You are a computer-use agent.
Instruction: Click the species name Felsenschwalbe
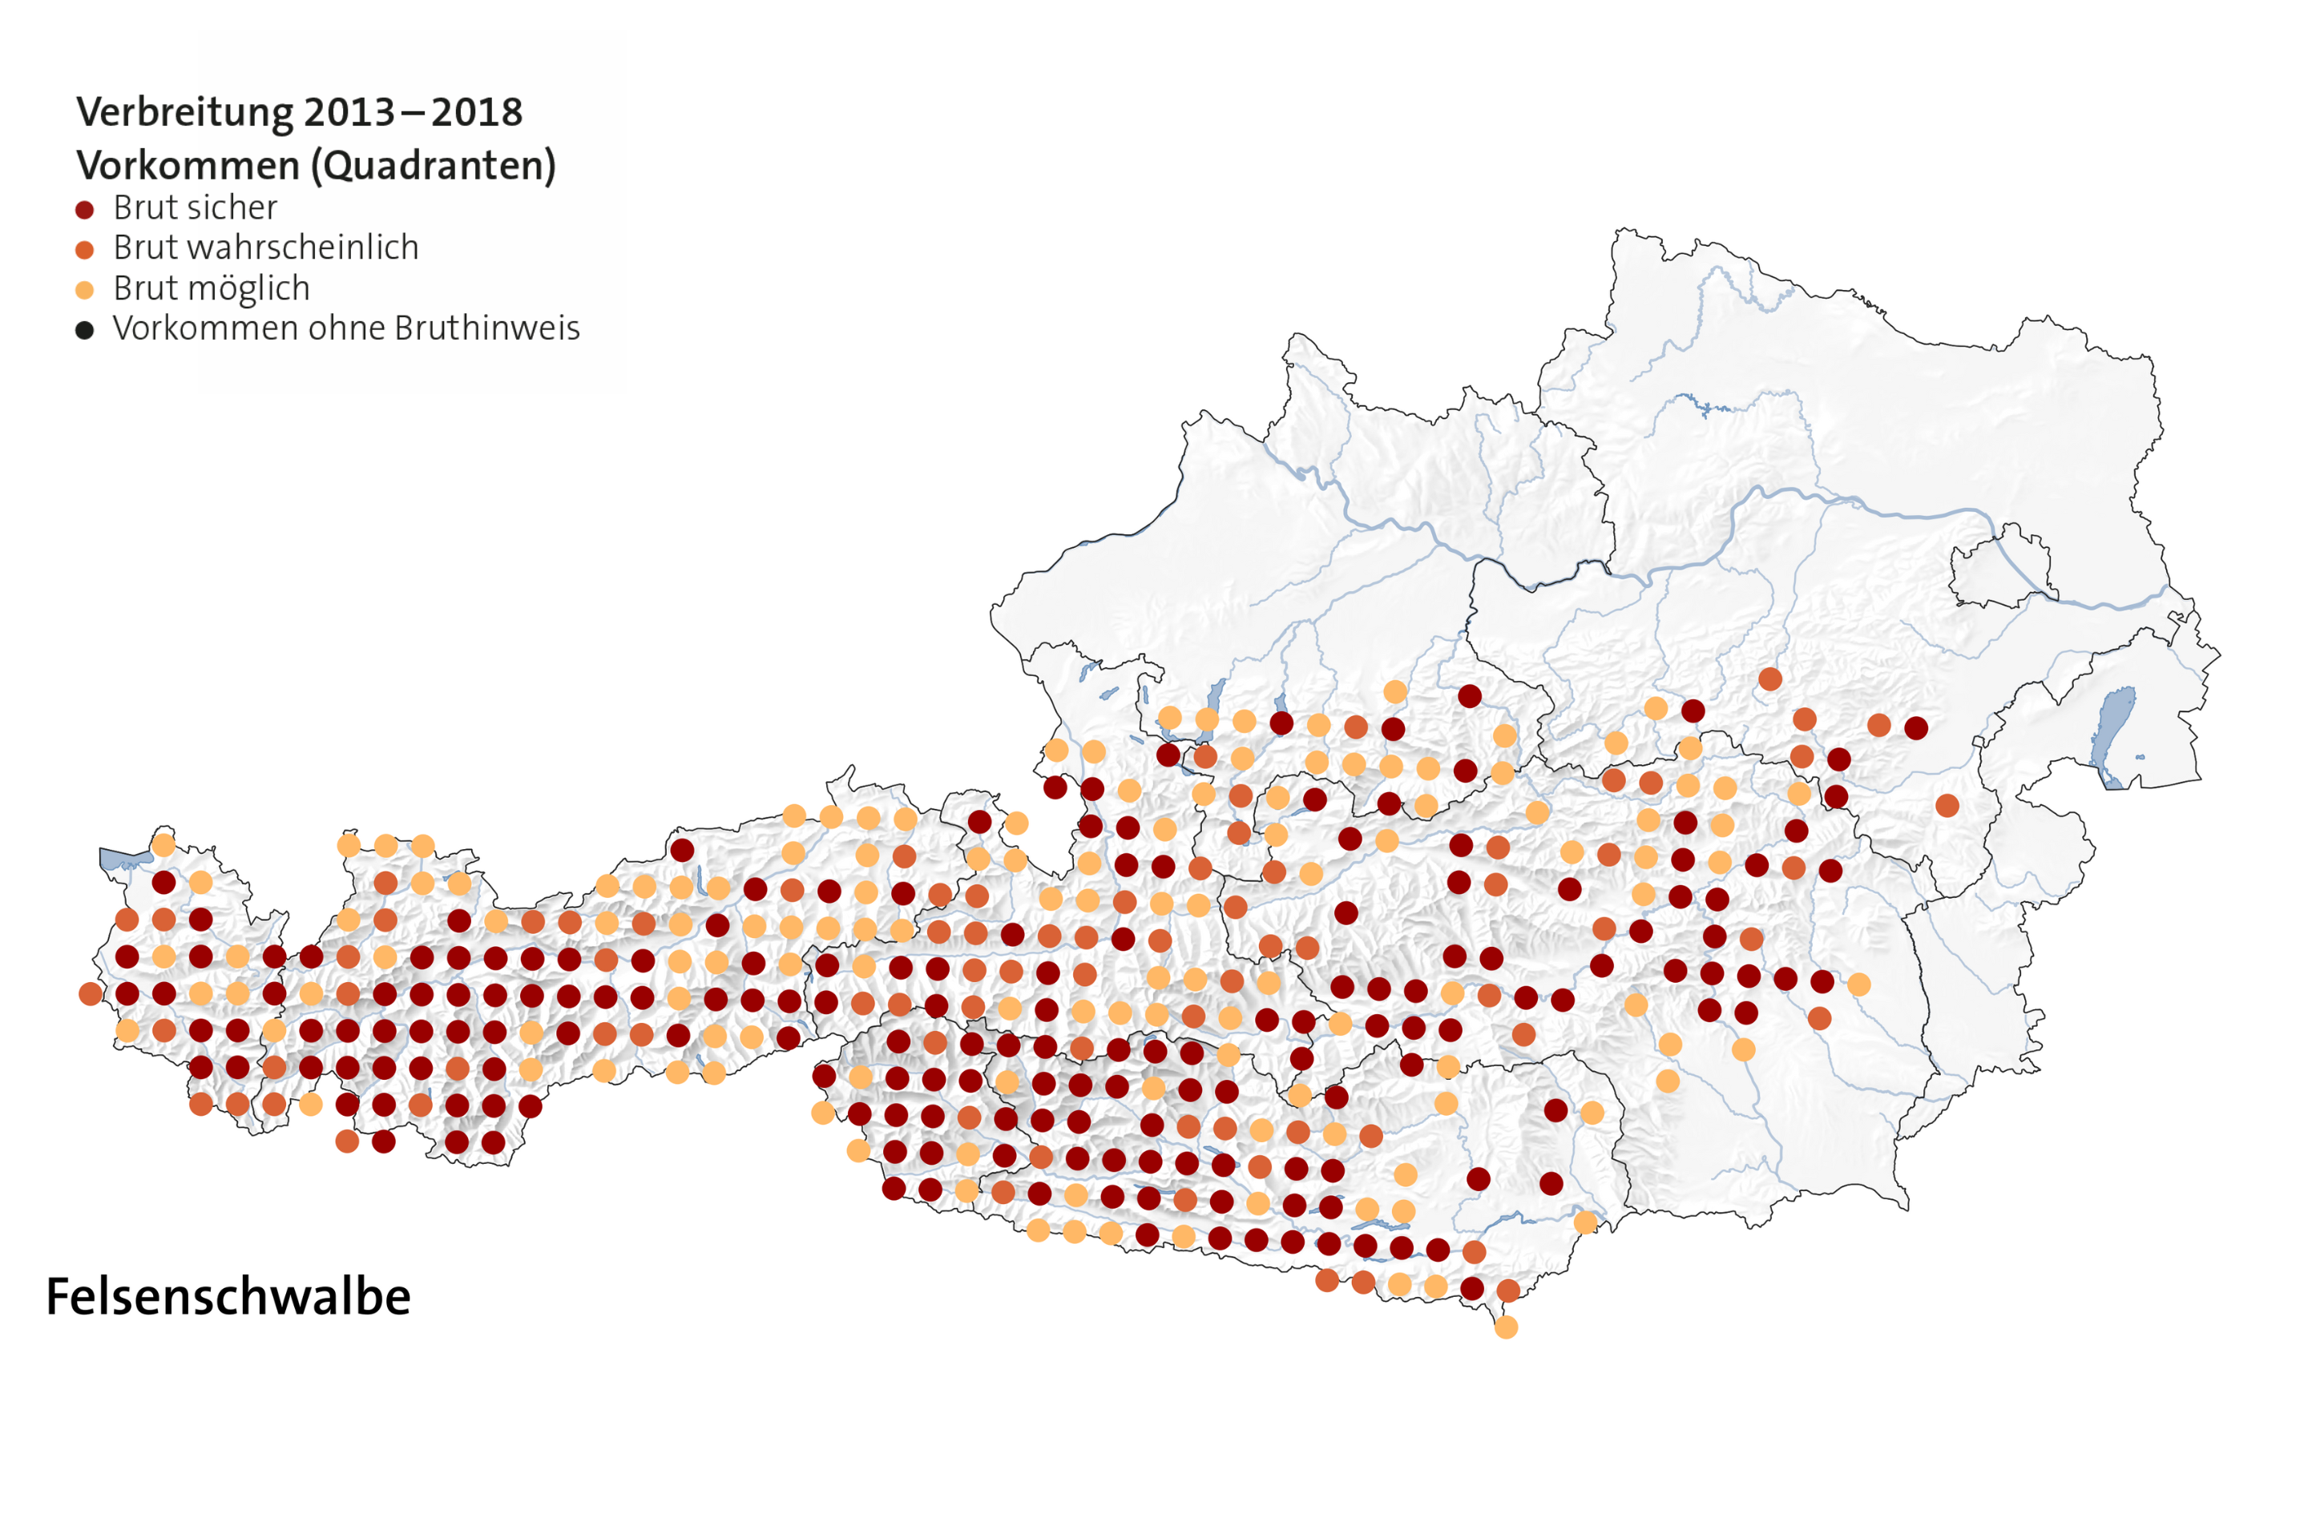click(228, 1297)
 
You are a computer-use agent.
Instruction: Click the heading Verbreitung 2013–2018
click(299, 112)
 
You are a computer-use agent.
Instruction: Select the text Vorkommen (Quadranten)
click(316, 165)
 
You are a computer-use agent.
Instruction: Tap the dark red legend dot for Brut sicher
click(84, 209)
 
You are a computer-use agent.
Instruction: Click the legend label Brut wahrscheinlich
click(266, 248)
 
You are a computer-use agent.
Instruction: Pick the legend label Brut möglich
click(211, 288)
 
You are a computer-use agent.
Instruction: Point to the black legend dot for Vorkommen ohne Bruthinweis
click(84, 329)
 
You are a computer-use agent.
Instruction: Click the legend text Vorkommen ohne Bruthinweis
click(345, 328)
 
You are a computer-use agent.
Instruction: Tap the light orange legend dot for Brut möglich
click(84, 290)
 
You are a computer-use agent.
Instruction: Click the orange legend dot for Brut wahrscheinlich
click(84, 249)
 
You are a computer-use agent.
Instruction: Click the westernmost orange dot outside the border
click(91, 993)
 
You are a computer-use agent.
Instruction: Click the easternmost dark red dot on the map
click(1915, 728)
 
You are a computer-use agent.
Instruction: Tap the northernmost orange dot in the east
click(1770, 678)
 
